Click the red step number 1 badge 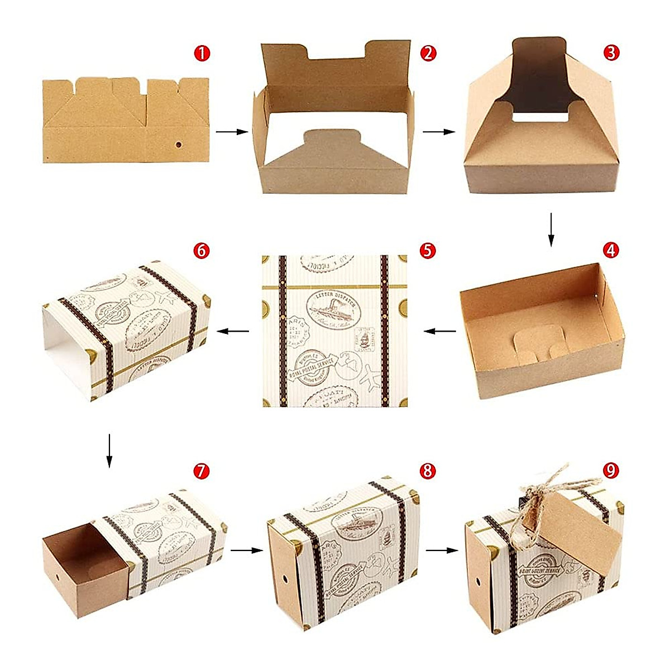(202, 54)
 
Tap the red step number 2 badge (428, 54)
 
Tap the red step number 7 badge (202, 471)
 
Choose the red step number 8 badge (428, 471)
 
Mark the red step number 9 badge (611, 471)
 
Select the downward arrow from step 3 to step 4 (551, 229)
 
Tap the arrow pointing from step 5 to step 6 (233, 331)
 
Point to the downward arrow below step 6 (109, 450)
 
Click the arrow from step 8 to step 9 (441, 550)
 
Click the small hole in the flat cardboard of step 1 (179, 145)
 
